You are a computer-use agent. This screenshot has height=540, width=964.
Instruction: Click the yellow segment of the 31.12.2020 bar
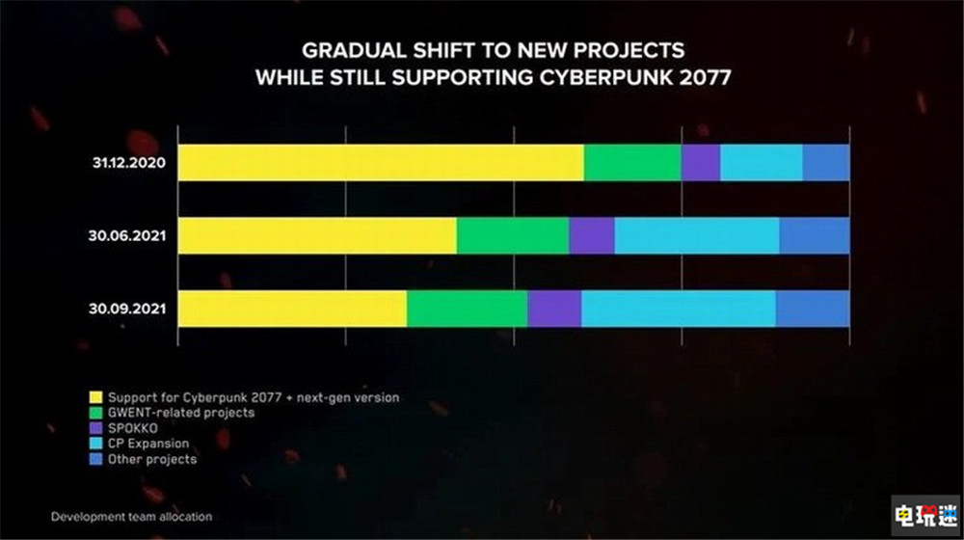(381, 163)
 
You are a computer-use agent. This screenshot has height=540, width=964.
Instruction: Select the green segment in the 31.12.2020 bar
(632, 163)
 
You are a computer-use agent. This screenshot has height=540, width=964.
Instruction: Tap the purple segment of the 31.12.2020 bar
(701, 163)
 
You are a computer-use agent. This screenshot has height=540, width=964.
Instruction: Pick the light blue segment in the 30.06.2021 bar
(697, 236)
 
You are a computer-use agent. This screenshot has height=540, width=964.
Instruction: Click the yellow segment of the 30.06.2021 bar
(318, 236)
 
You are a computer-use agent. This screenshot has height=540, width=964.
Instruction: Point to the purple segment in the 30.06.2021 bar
(592, 236)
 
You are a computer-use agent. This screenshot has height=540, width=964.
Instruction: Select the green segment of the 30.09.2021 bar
(467, 309)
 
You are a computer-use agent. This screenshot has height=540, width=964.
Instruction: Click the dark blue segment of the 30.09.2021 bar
(813, 309)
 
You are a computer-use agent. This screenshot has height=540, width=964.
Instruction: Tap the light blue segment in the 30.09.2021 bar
(679, 309)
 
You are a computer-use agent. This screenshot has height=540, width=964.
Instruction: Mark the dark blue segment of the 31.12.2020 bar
(826, 163)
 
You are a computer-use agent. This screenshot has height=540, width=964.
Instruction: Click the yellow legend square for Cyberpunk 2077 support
(95, 397)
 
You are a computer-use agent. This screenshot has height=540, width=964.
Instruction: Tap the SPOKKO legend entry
(132, 428)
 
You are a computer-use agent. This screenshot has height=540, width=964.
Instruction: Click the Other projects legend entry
(152, 459)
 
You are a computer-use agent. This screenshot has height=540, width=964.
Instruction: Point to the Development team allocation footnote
(132, 517)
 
